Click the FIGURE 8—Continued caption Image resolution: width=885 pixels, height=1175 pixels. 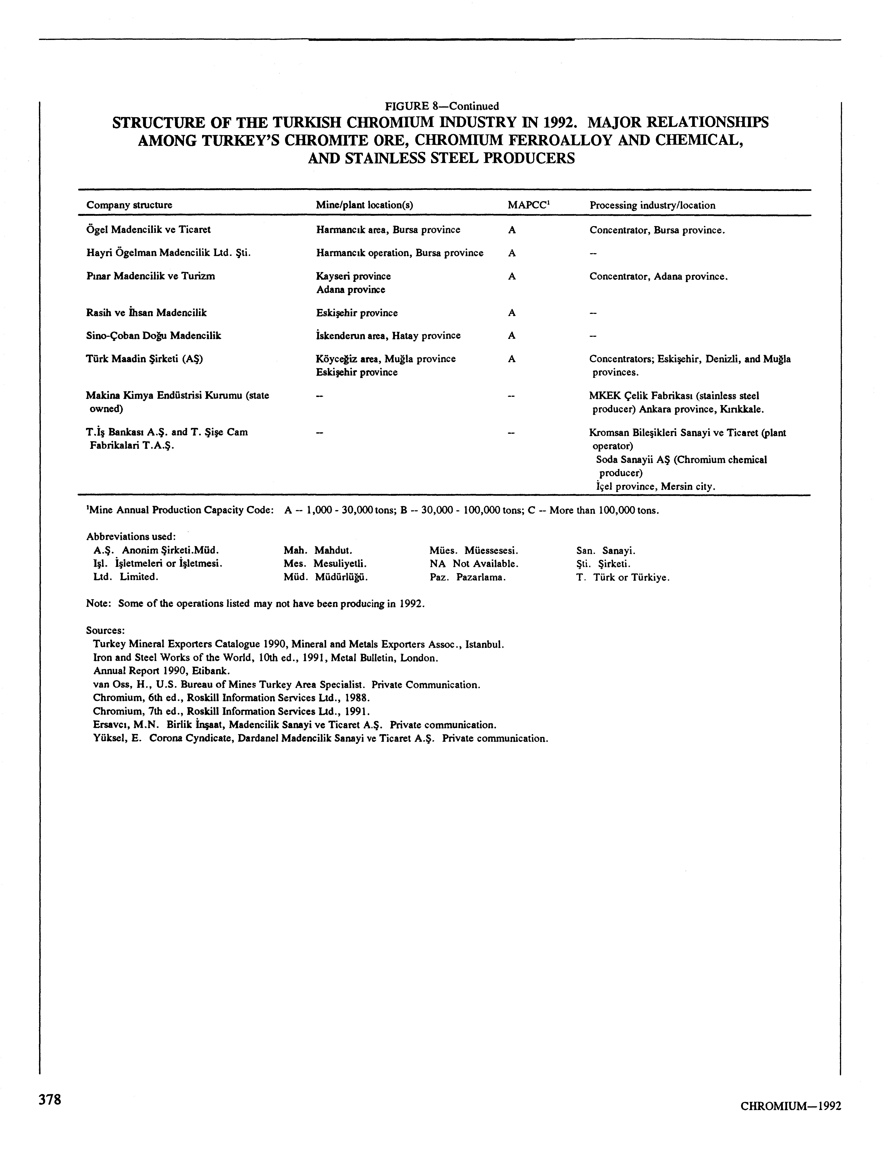[442, 106]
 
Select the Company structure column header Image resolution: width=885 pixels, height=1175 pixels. [129, 205]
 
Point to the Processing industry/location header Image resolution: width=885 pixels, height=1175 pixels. [652, 205]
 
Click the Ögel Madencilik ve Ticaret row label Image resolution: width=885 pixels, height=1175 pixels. [148, 229]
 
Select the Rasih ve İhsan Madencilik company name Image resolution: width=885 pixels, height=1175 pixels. [146, 313]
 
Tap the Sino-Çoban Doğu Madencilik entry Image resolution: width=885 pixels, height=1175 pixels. [154, 336]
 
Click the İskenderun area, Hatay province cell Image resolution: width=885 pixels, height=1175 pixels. [388, 336]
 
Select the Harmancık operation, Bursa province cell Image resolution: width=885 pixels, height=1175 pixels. [400, 253]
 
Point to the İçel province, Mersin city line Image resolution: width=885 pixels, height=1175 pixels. [655, 486]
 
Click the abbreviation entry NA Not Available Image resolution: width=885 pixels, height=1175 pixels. [474, 564]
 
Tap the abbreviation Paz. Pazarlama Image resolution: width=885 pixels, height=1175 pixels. [468, 577]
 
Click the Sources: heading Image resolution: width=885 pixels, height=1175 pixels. [105, 630]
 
